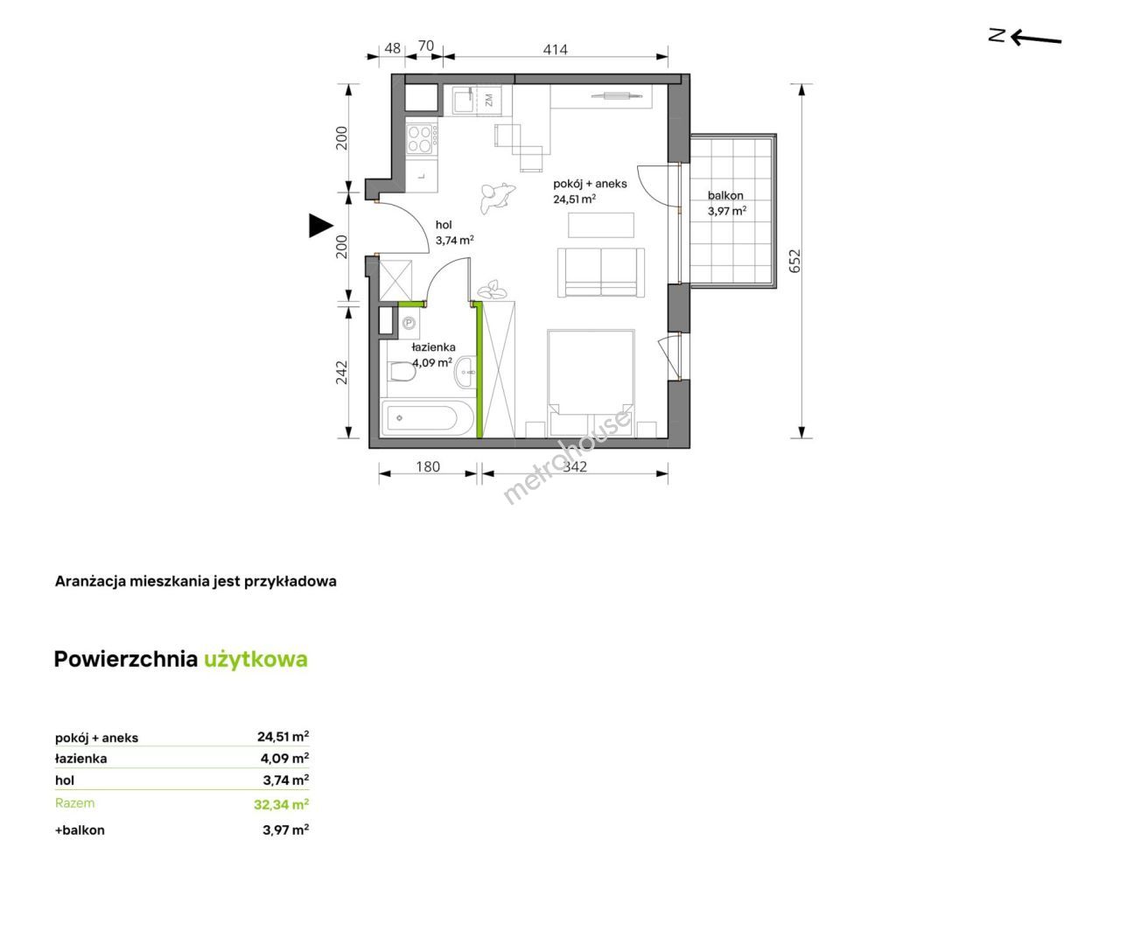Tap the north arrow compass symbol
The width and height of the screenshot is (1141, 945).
point(1025,38)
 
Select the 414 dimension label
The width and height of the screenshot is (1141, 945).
point(556,50)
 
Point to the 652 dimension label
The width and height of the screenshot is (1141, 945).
point(795,261)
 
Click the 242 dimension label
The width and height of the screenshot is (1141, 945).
point(341,372)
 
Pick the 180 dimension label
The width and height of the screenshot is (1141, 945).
point(427,466)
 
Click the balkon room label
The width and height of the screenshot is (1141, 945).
point(725,195)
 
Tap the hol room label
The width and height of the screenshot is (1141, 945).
point(443,225)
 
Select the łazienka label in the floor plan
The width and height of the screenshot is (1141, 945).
point(433,347)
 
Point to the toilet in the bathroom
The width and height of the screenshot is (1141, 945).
point(401,373)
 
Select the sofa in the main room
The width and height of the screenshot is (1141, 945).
point(600,273)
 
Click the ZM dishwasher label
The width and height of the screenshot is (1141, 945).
point(488,100)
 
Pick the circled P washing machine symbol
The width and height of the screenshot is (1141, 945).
point(409,324)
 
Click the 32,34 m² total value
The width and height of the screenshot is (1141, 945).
point(282,804)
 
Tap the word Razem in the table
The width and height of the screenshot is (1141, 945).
point(75,803)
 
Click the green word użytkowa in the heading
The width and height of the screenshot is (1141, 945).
point(255,659)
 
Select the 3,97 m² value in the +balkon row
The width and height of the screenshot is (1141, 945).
point(286,829)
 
